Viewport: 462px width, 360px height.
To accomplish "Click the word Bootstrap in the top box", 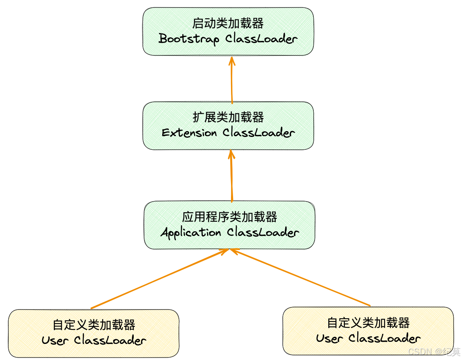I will coord(189,39).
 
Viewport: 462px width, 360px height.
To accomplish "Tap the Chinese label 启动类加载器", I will coord(228,23).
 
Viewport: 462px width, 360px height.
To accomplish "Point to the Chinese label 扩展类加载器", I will coord(228,117).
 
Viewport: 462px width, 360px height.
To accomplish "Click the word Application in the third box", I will coord(190,233).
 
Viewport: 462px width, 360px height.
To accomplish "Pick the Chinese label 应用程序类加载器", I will coord(229,216).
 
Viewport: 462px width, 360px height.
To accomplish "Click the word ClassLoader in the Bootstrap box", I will coord(262,39).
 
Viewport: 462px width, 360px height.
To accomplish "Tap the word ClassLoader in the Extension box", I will coord(259,133).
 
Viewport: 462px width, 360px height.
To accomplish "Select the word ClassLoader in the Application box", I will coord(263,233).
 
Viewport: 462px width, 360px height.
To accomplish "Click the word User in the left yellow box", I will coord(55,341).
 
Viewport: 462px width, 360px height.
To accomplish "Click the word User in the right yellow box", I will coord(330,338).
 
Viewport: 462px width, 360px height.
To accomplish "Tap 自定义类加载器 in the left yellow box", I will coord(94,324).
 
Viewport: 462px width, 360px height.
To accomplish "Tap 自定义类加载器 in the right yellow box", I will coord(368,322).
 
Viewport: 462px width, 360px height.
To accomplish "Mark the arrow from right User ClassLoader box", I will coord(300,277).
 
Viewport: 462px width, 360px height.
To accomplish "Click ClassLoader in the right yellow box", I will coord(385,338).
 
